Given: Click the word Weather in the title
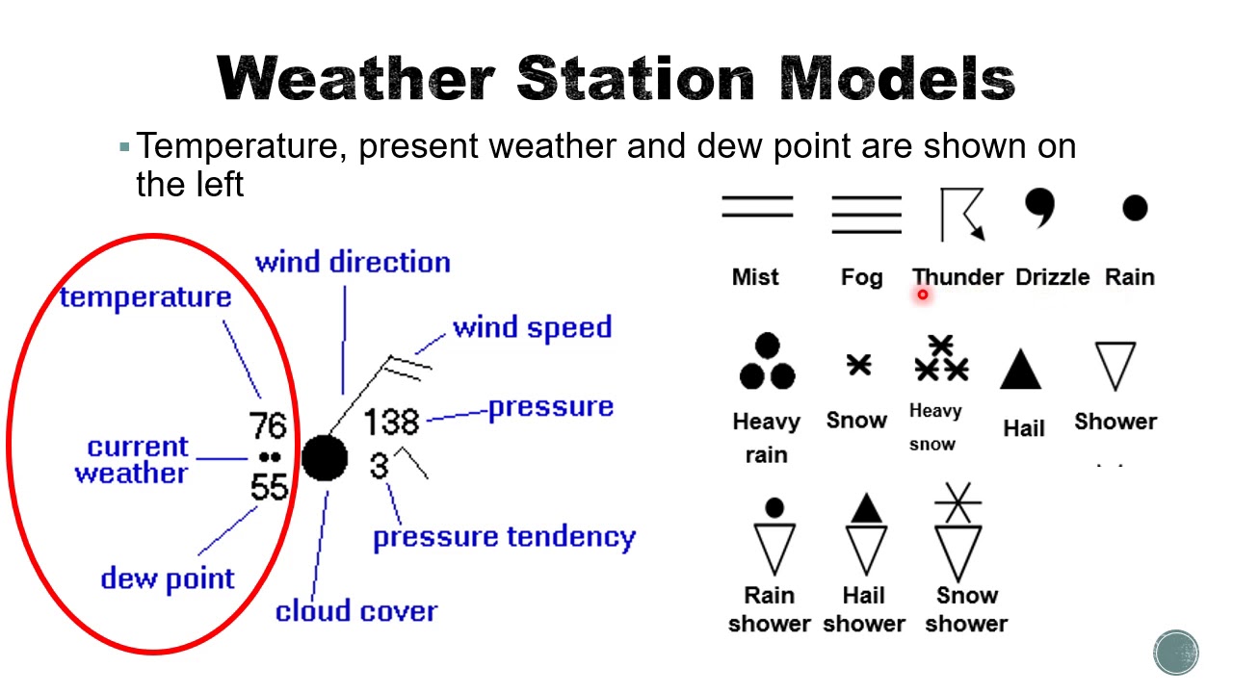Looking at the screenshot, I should (355, 78).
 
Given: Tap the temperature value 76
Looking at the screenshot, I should (268, 425).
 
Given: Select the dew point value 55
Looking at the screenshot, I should (269, 486).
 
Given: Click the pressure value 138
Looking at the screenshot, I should (392, 422).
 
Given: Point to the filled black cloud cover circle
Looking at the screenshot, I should (325, 458).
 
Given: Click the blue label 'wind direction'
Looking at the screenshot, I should (353, 263).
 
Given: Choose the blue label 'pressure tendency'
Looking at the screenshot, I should (504, 537).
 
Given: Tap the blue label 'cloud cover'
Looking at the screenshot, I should (356, 611).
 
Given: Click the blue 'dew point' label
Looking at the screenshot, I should (168, 578).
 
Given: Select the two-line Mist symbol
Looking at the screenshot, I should (757, 206).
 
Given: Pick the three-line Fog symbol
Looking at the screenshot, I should (866, 214).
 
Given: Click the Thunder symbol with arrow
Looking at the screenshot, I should (962, 214).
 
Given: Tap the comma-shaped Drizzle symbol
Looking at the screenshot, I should (1040, 208).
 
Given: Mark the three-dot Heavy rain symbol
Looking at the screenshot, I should (767, 363).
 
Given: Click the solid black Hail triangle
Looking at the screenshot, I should (1021, 370).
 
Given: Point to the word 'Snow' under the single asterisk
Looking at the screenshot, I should (856, 421).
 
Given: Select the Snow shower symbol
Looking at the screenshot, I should (958, 532).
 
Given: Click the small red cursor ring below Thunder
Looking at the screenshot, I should (922, 295).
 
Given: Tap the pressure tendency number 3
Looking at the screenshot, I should (379, 466).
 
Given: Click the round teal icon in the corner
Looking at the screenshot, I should (1176, 652).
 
